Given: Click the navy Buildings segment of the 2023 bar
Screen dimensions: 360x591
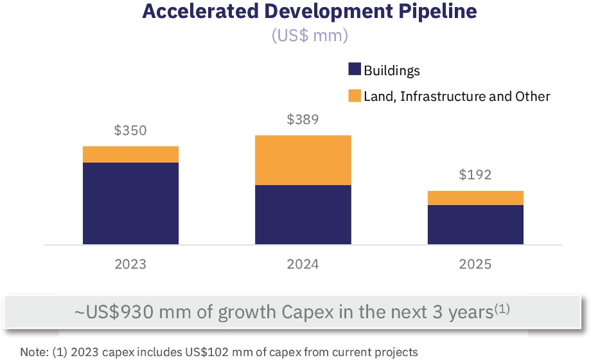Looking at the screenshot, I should click(x=130, y=203).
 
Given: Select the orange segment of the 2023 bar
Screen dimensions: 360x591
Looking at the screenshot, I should click(x=130, y=154).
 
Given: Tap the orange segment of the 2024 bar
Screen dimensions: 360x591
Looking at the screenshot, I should click(x=303, y=160).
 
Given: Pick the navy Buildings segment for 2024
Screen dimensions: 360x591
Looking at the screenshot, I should click(x=303, y=215).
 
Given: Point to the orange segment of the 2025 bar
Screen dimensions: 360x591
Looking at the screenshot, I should click(x=475, y=198).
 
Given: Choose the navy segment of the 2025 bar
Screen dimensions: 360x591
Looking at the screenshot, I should click(x=475, y=224).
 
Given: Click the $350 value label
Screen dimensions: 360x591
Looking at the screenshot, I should click(x=130, y=131).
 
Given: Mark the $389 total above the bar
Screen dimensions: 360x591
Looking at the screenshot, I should click(x=303, y=120).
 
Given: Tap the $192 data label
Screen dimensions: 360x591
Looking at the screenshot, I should click(x=475, y=175).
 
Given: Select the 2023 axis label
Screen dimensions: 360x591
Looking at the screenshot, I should click(x=130, y=264).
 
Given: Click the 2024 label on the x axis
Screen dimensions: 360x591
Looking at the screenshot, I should click(x=303, y=264).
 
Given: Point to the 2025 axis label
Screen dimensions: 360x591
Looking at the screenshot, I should click(x=475, y=264).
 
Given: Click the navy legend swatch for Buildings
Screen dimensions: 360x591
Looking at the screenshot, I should click(x=355, y=70).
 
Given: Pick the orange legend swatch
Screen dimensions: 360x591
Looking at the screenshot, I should click(x=355, y=96).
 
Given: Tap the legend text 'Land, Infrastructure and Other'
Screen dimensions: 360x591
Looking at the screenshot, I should click(x=457, y=96).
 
